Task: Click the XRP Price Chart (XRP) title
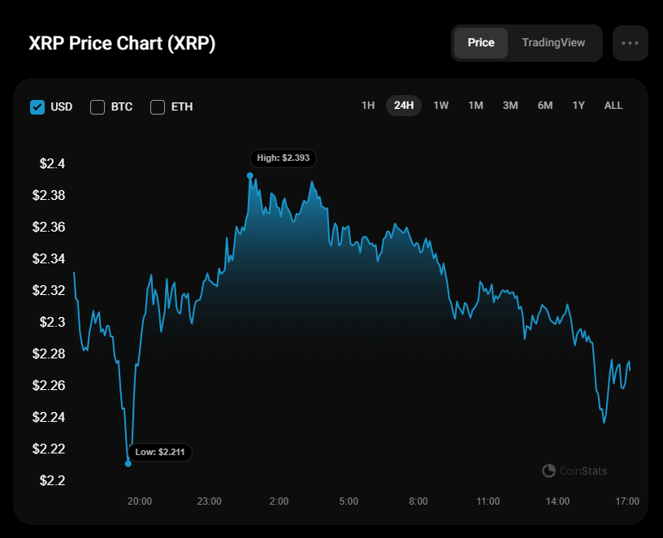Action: click(x=122, y=43)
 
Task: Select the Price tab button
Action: click(x=481, y=43)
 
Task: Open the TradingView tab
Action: click(x=553, y=43)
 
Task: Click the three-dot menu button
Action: click(x=630, y=43)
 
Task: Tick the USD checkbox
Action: click(x=37, y=107)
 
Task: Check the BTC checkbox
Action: click(x=97, y=107)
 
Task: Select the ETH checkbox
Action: click(x=158, y=107)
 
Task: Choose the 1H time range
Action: click(x=368, y=106)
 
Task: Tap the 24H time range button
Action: click(x=404, y=106)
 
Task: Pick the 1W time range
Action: click(x=440, y=106)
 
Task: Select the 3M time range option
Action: click(x=510, y=106)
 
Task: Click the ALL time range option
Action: click(x=613, y=106)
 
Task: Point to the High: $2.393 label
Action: click(x=284, y=158)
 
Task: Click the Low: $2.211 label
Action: click(x=160, y=452)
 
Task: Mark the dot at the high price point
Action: click(x=250, y=176)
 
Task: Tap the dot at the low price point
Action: click(x=128, y=463)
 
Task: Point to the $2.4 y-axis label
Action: click(x=53, y=163)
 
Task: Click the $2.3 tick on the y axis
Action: click(x=53, y=323)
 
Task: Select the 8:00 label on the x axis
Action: click(x=418, y=501)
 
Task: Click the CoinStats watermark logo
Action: click(x=548, y=471)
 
